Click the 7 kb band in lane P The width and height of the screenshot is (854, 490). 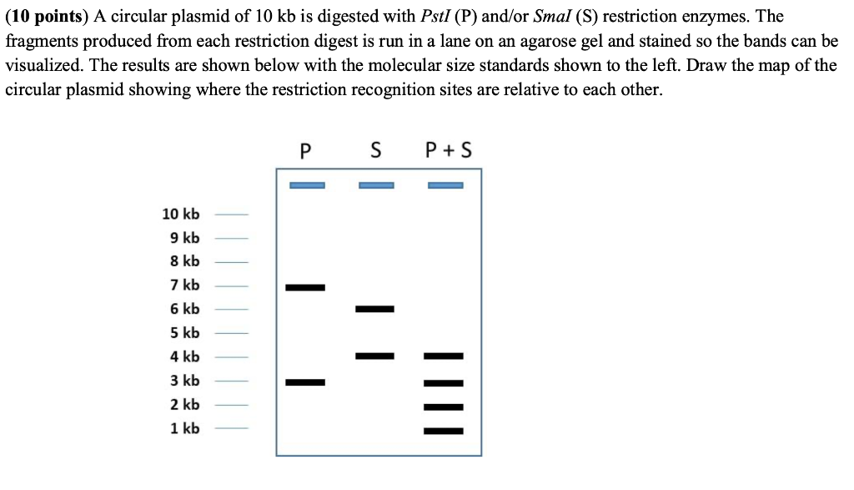click(x=305, y=287)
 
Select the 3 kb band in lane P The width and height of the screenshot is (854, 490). click(x=305, y=382)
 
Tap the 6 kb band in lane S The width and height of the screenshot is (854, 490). click(x=374, y=309)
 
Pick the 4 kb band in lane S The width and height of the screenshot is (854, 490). click(x=374, y=356)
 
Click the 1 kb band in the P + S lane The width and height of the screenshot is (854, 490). click(x=444, y=431)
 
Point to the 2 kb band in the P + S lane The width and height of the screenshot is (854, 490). click(x=444, y=407)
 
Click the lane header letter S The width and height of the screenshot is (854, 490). click(x=375, y=150)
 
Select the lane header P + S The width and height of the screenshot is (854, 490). click(x=448, y=150)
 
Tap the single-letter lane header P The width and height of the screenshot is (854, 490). click(x=305, y=150)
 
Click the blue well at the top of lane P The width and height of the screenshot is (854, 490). click(x=307, y=185)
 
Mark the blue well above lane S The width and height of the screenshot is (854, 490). click(x=376, y=185)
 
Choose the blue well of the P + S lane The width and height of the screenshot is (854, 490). click(x=445, y=185)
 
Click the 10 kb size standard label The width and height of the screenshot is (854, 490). click(x=181, y=215)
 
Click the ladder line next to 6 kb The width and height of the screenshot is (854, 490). click(x=232, y=310)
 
